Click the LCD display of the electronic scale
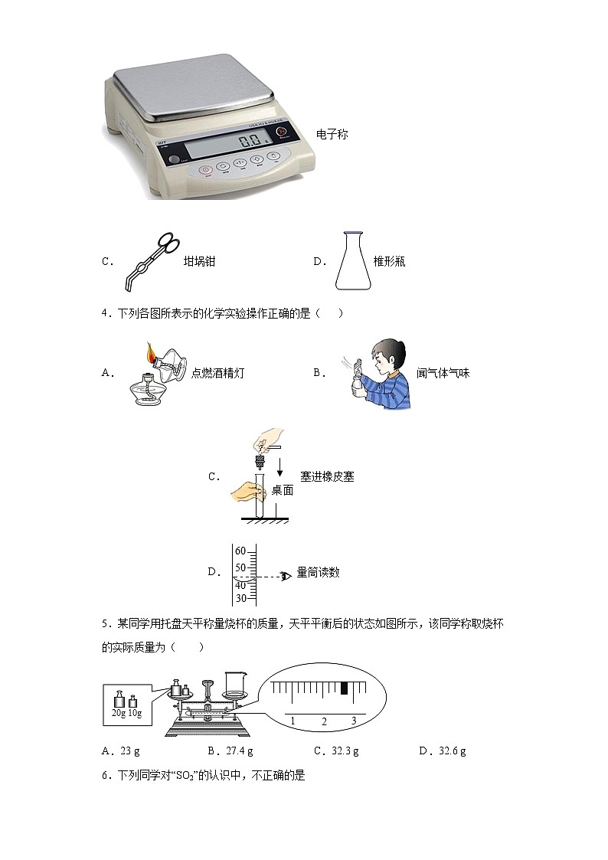pos(237,142)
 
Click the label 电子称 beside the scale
pos(332,135)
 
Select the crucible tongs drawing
pos(151,261)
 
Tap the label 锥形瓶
pos(389,262)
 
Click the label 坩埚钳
pos(199,262)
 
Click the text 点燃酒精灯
pos(217,373)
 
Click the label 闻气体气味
pos(443,373)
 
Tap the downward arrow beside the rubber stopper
pos(281,466)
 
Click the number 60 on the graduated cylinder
pos(240,551)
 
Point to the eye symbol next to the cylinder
pos(286,576)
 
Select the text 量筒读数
pos(318,572)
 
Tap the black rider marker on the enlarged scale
pos(345,688)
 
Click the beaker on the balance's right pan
pos(234,682)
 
